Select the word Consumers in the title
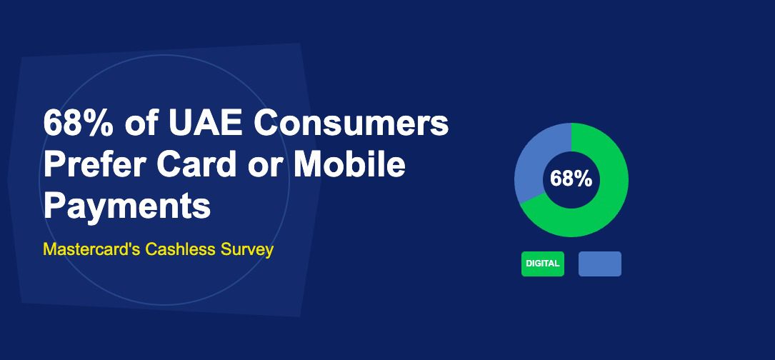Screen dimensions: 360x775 tap(351, 124)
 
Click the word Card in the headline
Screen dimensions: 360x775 tap(201, 165)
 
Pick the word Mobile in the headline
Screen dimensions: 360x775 tap(350, 165)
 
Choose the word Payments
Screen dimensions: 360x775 tap(127, 206)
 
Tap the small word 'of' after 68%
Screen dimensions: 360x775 tap(141, 124)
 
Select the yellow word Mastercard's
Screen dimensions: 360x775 tap(91, 250)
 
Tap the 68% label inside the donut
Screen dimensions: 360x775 tap(571, 179)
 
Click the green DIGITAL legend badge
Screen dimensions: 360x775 tap(542, 264)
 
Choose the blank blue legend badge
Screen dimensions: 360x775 tap(599, 264)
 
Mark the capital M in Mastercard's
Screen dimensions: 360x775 tap(49, 250)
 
